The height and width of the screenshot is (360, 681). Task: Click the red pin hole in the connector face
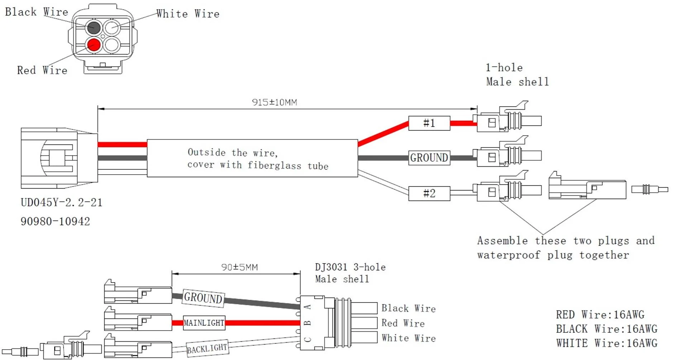pyautogui.click(x=94, y=45)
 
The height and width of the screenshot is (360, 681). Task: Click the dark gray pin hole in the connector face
pyautogui.click(x=94, y=27)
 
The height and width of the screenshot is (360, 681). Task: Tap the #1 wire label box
pyautogui.click(x=429, y=123)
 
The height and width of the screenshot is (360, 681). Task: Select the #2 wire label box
pyautogui.click(x=429, y=193)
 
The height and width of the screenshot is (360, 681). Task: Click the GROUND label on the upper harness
pyautogui.click(x=429, y=158)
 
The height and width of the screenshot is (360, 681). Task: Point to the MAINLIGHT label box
pyautogui.click(x=204, y=323)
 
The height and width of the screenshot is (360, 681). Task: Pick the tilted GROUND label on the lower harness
pyautogui.click(x=203, y=298)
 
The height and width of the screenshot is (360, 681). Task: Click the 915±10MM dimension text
pyautogui.click(x=275, y=102)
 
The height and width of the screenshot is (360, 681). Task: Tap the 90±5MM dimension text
pyautogui.click(x=239, y=267)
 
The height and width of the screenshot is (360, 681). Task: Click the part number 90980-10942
pyautogui.click(x=55, y=221)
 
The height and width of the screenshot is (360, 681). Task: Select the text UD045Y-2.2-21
pyautogui.click(x=61, y=202)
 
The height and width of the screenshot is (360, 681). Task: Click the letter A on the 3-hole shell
pyautogui.click(x=308, y=307)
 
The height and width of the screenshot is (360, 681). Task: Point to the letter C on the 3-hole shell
pyautogui.click(x=308, y=339)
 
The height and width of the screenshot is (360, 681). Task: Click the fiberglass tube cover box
pyautogui.click(x=252, y=158)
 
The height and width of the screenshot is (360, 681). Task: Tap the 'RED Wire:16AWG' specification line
pyautogui.click(x=600, y=314)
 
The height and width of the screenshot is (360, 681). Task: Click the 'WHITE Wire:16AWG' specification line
pyautogui.click(x=606, y=343)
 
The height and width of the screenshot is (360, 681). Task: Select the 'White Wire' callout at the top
pyautogui.click(x=188, y=14)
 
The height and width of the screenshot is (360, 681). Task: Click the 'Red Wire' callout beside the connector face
pyautogui.click(x=42, y=70)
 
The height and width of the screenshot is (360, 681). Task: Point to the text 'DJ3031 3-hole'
pyautogui.click(x=350, y=267)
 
